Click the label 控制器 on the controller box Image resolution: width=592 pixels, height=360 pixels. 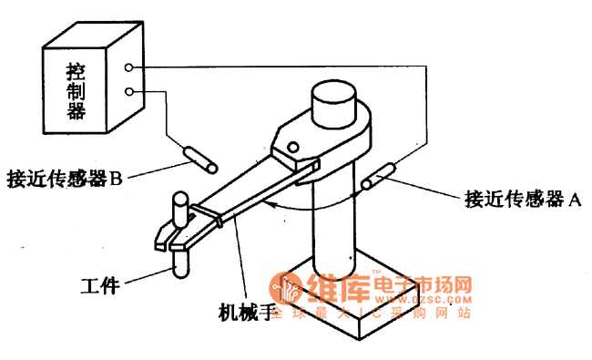(x=76, y=90)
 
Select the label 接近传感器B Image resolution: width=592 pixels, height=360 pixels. (x=64, y=178)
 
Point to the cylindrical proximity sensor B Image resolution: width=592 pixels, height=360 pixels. (x=199, y=156)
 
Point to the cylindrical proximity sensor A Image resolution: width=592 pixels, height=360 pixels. (x=378, y=176)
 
